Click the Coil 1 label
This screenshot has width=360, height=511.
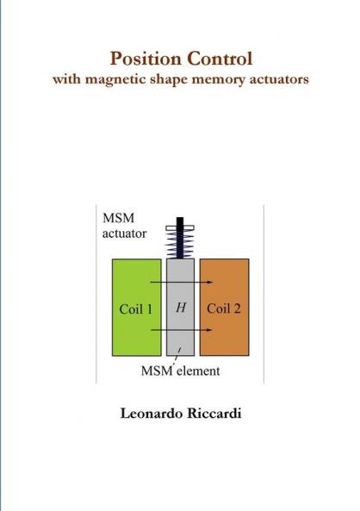[136, 308]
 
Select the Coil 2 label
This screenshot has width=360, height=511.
[224, 308]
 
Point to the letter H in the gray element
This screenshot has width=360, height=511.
[180, 308]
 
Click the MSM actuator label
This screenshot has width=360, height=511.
[125, 226]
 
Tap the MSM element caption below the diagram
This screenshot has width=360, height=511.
[180, 372]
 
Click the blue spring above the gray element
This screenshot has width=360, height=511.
[181, 244]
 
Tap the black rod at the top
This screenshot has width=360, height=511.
[181, 222]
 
